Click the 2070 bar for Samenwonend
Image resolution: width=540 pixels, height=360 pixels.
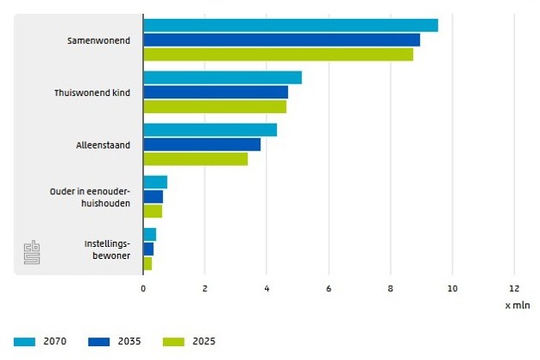point(291,25)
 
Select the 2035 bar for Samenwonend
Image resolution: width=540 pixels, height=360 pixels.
point(281,40)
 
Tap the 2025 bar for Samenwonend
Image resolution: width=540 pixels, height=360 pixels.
point(278,54)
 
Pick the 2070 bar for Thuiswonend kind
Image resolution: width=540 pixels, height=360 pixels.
point(223,78)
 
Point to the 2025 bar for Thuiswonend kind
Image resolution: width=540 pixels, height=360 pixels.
point(215,107)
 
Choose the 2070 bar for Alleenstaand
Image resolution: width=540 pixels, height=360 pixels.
point(210,129)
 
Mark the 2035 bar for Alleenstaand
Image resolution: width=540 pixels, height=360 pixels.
point(202,144)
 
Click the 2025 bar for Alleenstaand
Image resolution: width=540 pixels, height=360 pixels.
point(196,159)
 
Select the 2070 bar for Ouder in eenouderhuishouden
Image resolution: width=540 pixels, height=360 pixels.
point(155,182)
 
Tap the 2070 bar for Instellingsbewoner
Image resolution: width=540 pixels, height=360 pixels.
point(150,234)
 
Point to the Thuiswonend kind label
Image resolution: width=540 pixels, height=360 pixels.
point(92,92)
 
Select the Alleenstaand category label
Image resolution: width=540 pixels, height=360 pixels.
point(103,145)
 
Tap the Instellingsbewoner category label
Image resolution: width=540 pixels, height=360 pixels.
point(107,249)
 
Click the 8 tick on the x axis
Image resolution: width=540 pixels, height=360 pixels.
point(391,288)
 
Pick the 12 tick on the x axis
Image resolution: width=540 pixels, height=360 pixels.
point(514,288)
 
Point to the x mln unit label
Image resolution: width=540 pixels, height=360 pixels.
point(517,305)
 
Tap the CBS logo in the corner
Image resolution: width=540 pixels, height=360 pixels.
point(32,252)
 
